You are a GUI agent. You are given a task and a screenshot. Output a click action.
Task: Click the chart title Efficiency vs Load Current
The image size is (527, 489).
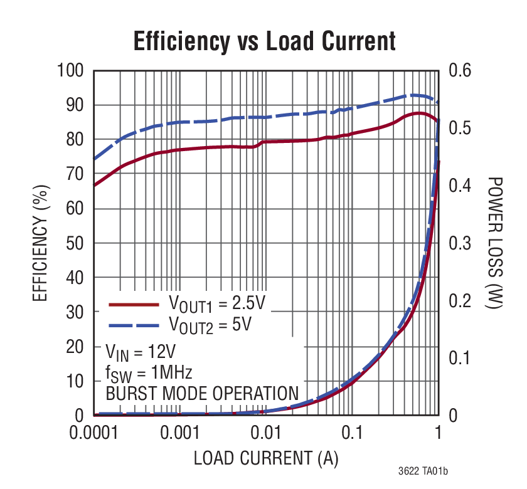264,41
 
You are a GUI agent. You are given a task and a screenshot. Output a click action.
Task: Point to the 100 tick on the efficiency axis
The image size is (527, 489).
70,70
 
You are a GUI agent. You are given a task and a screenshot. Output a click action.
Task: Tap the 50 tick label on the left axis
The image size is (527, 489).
75,243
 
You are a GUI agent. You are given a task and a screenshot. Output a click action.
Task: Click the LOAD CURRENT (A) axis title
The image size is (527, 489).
265,458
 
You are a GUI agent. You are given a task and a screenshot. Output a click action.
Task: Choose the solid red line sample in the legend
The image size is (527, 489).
134,305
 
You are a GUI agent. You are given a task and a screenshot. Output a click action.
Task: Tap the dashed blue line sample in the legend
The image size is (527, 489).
134,325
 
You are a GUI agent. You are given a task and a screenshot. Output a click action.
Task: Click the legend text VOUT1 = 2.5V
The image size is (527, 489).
217,305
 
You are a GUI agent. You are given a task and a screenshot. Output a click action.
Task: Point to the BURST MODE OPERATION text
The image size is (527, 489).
201,394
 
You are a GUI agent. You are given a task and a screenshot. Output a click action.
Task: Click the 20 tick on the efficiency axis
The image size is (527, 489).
75,347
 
